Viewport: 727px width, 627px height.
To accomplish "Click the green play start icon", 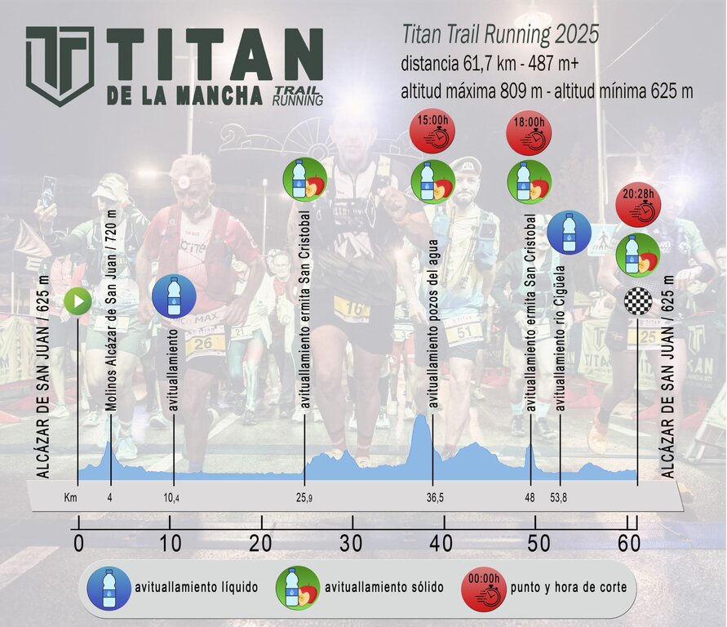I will [78, 302].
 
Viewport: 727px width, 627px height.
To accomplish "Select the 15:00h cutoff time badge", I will [432, 131].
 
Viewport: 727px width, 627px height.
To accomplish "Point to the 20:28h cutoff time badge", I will [638, 203].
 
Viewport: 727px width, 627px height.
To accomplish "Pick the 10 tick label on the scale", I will [170, 543].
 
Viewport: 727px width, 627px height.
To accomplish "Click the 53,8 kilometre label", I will [561, 499].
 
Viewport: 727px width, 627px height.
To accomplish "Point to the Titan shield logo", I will [60, 66].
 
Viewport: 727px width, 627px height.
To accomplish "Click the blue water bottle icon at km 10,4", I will [174, 296].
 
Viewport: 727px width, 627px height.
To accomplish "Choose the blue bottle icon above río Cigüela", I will [570, 233].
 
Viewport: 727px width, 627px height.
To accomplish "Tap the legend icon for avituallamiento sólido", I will [297, 587].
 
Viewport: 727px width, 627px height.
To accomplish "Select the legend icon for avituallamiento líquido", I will [109, 588].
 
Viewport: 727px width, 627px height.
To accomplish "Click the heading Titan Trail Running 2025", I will [500, 34].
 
